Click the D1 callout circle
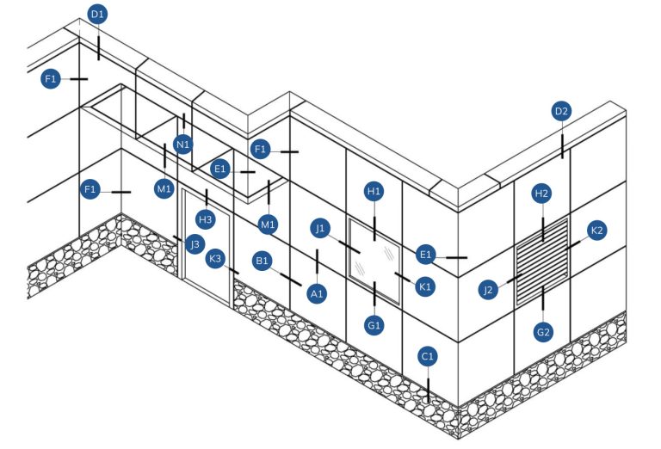click(97, 15)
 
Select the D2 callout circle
click(561, 112)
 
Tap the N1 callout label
click(183, 145)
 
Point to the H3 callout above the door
click(206, 219)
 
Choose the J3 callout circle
click(195, 244)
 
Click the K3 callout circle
click(215, 258)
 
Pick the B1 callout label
click(263, 261)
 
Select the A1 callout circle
click(317, 293)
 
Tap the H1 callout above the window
click(374, 192)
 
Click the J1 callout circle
click(320, 228)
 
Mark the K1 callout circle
click(425, 286)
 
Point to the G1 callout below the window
click(374, 325)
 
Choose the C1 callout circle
click(428, 357)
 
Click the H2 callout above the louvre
click(541, 194)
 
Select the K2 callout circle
click(597, 231)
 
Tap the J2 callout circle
click(488, 290)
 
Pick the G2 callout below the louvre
click(543, 332)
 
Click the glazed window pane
click(374, 261)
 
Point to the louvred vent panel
click(542, 261)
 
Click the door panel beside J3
click(207, 248)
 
